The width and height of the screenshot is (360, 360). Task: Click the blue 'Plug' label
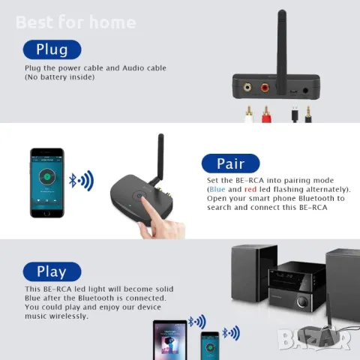coord(52,50)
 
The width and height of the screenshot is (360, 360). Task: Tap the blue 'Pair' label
coord(230,163)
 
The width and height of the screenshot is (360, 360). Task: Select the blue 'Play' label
coord(52,271)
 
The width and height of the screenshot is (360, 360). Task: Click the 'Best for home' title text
coord(76,22)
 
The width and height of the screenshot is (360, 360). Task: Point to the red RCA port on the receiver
coord(265,88)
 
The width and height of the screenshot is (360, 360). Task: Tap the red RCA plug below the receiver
coord(265,114)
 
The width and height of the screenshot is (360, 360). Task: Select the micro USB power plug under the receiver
coord(294,114)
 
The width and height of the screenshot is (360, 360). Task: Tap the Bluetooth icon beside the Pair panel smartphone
coord(73,180)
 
